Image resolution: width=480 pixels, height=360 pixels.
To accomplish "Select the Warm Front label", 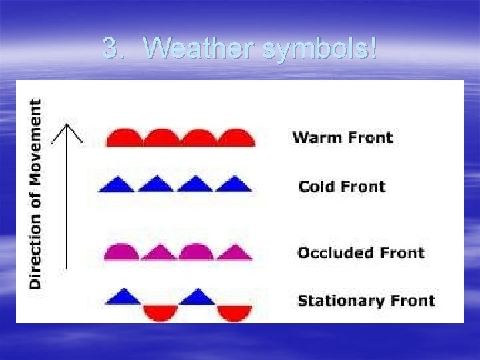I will pos(343,138).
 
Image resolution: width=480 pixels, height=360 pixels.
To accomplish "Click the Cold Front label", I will pos(341,187).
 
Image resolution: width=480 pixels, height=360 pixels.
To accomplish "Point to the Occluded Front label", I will pos(361,253).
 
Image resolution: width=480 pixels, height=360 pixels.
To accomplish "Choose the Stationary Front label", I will pos(366,301).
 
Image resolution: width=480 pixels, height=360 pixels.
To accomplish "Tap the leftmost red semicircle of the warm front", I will pos(124,138).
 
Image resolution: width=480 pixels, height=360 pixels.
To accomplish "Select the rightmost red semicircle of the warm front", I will pos(237,138).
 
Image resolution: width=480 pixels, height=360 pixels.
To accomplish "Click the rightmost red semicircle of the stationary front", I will pos(234,312).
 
